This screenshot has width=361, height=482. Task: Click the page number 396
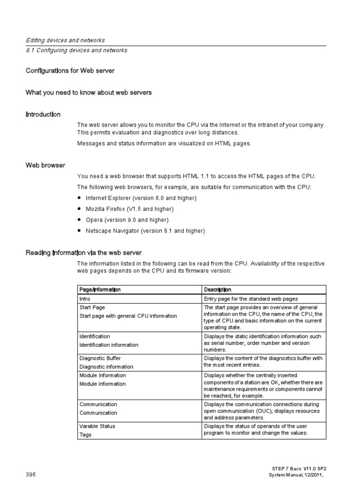[31, 474]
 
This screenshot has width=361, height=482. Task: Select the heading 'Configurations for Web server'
[70, 71]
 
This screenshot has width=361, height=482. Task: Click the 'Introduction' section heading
[43, 114]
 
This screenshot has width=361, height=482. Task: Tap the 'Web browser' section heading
[45, 165]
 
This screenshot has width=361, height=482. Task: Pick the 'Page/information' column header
[100, 289]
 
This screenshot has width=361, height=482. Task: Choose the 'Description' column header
[217, 289]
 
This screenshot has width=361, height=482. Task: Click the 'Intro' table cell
[85, 299]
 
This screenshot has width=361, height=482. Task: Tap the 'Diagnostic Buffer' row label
[100, 358]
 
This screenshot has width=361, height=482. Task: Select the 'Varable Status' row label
[97, 426]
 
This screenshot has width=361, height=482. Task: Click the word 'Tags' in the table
[86, 435]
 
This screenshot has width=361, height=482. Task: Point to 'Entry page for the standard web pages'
[251, 299]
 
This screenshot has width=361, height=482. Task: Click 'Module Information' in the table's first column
[102, 375]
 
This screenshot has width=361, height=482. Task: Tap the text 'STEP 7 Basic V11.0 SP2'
[298, 468]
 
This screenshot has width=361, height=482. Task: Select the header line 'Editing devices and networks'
[65, 40]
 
